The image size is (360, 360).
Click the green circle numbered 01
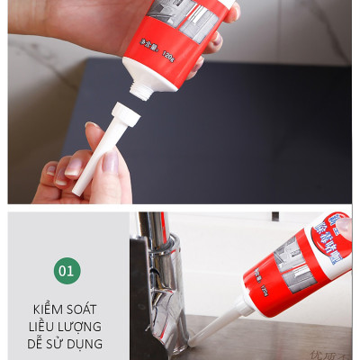click(x=67, y=270)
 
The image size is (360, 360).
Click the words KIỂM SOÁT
click(x=67, y=309)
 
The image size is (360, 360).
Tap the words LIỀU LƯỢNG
click(x=67, y=326)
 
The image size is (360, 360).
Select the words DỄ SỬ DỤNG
click(x=67, y=343)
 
